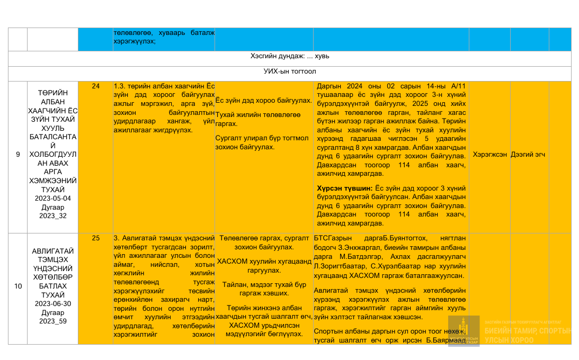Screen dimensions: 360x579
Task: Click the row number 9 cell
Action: pyautogui.click(x=17, y=155)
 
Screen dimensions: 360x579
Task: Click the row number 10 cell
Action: pyautogui.click(x=18, y=286)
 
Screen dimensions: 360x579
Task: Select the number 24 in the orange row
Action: pyautogui.click(x=96, y=86)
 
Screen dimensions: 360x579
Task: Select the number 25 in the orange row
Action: pyautogui.click(x=96, y=238)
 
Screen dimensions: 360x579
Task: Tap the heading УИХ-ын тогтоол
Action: pyautogui.click(x=290, y=71)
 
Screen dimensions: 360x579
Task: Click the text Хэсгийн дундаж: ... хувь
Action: pyautogui.click(x=290, y=56)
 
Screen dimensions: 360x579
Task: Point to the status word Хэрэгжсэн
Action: pyautogui.click(x=489, y=155)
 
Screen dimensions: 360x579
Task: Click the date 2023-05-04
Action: pyautogui.click(x=52, y=199)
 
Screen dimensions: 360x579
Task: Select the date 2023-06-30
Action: pyautogui.click(x=52, y=304)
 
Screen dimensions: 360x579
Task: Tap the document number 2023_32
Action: pyautogui.click(x=52, y=216)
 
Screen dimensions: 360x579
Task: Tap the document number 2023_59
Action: pyautogui.click(x=52, y=321)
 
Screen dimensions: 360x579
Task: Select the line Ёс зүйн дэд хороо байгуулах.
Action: pyautogui.click(x=264, y=100)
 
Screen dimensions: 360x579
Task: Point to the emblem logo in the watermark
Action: pyautogui.click(x=464, y=331)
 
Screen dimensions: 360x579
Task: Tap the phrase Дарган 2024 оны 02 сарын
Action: pyautogui.click(x=360, y=86)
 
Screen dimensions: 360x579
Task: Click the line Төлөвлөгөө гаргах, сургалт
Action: pyautogui.click(x=264, y=239)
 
